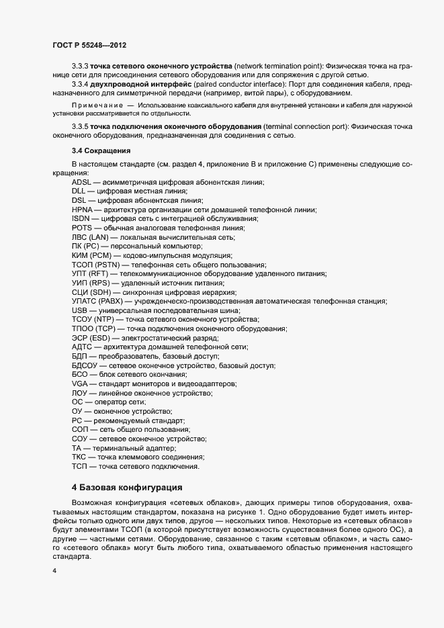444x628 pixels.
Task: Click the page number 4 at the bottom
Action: tap(53, 572)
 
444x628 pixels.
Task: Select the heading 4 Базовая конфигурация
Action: tap(126, 486)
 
